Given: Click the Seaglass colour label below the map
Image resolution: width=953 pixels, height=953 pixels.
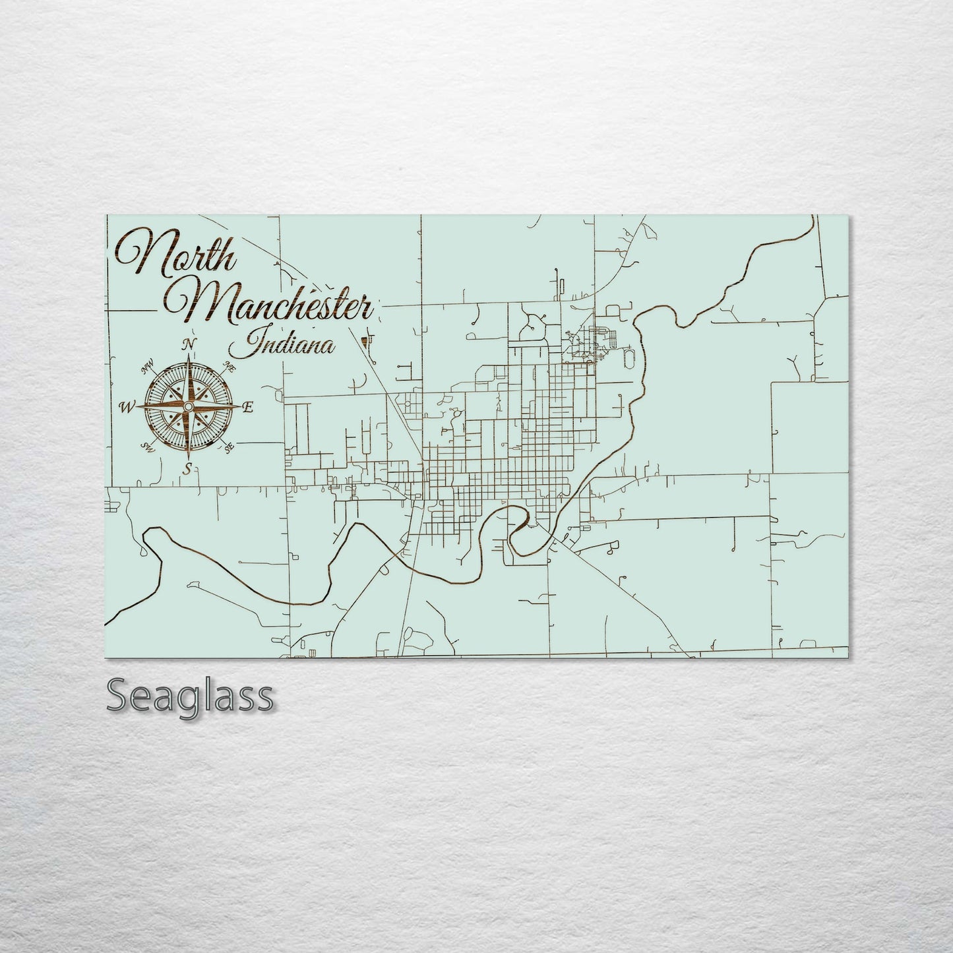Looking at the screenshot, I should [189, 695].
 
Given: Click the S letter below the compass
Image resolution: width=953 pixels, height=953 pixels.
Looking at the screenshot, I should [189, 469].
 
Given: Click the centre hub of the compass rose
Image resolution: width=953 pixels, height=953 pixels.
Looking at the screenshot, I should [189, 408].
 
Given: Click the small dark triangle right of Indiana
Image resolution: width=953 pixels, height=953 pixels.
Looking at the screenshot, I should [365, 341].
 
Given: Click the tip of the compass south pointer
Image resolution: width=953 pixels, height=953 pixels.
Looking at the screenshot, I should [189, 458].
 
